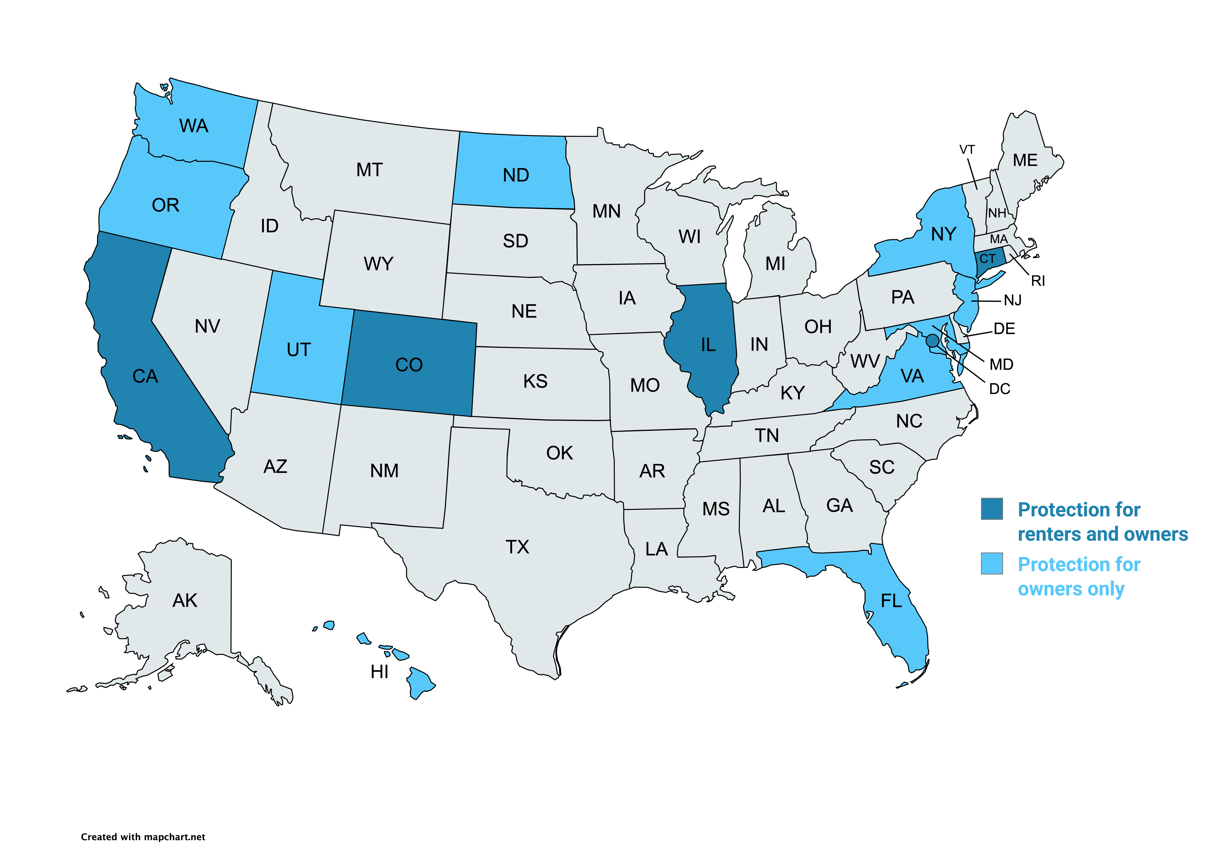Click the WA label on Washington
194,126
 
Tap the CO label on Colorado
408,365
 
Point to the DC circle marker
932,340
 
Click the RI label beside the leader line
1038,281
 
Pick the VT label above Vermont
967,150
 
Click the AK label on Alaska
185,601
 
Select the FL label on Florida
891,601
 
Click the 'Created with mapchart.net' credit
143,837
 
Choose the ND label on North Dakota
515,175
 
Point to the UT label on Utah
298,350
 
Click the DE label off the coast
1004,329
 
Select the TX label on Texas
517,547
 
